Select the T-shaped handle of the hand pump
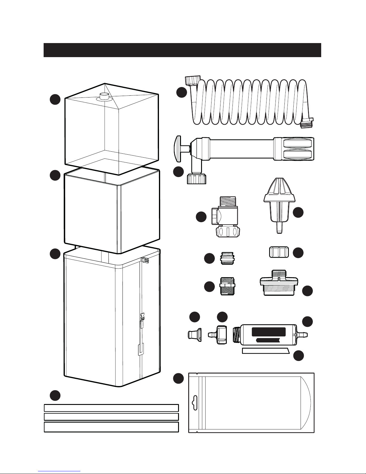tap(178, 148)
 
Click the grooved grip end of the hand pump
tap(297, 149)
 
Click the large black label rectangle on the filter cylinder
tap(269, 332)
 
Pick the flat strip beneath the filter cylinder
tap(265, 350)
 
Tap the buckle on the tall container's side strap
tap(142, 316)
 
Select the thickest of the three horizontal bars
tap(111, 427)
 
